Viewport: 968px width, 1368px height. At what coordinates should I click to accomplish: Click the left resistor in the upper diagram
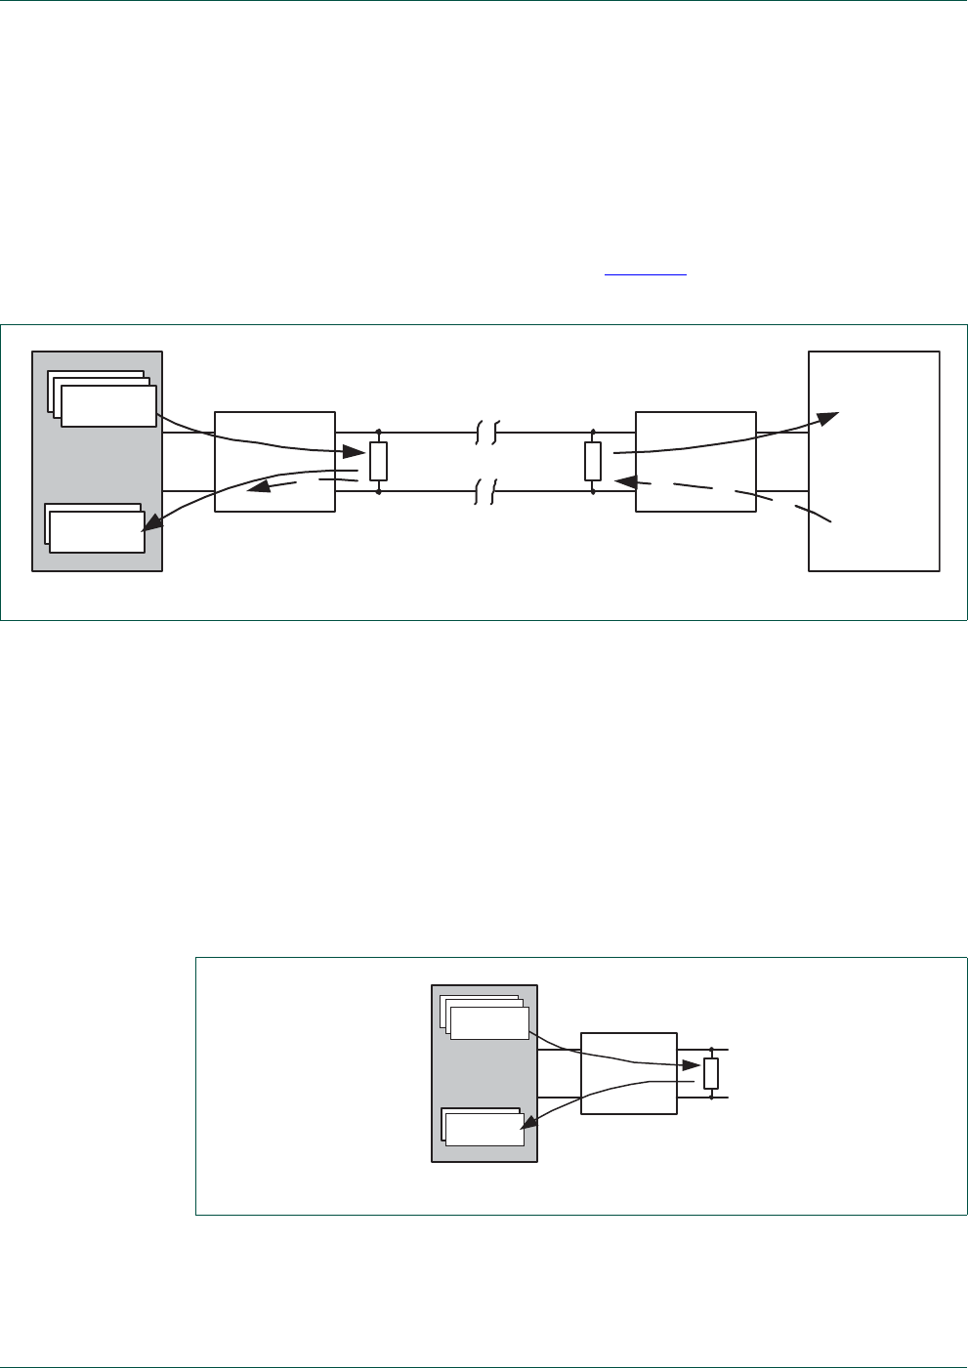(379, 461)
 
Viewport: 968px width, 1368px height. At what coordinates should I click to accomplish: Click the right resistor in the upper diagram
(593, 461)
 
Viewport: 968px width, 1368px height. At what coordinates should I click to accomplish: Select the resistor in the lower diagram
(711, 1073)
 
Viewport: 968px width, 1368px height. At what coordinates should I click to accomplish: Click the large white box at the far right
(874, 461)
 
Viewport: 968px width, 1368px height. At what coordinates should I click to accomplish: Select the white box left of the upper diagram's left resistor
(274, 461)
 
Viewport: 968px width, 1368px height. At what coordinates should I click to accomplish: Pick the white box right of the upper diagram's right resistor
(695, 461)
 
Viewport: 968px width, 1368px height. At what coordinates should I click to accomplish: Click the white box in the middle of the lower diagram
(629, 1073)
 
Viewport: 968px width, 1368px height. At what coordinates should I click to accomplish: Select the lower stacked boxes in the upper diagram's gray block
(95, 528)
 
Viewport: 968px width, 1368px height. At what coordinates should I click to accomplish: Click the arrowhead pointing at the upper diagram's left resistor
(355, 451)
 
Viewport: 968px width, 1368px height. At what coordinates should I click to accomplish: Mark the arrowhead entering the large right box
(826, 418)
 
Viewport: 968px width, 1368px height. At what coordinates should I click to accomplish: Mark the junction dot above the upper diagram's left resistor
(379, 432)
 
